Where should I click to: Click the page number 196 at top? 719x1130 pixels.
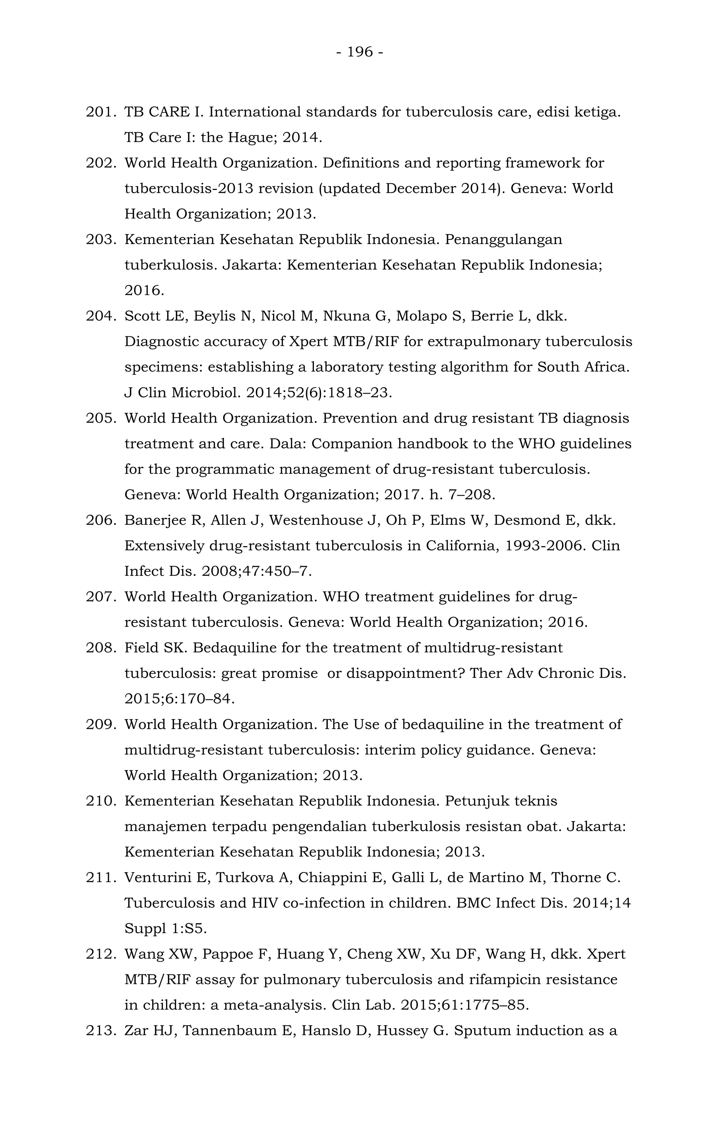[360, 52]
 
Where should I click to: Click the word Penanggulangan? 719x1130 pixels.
[503, 240]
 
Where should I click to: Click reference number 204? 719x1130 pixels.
[100, 316]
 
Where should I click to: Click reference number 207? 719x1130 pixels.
[100, 597]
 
